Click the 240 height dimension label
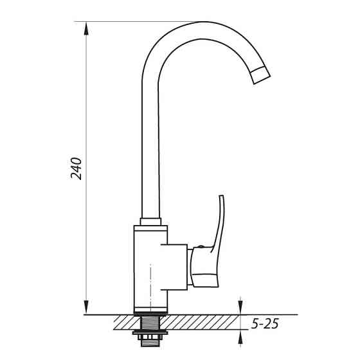point(76,168)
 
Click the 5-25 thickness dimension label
point(265,324)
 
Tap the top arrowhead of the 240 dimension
point(86,29)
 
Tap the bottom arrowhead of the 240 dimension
point(86,307)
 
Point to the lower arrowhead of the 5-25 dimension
point(240,337)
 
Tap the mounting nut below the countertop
point(150,332)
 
